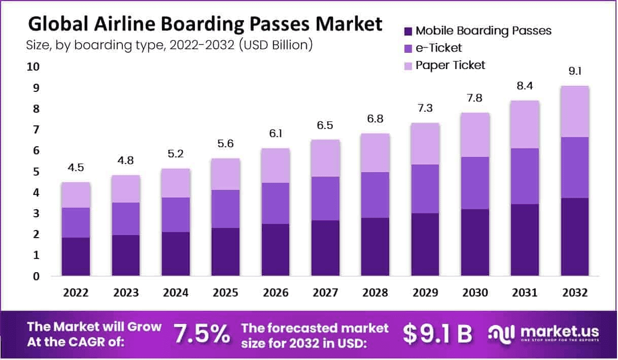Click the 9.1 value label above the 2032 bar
575,72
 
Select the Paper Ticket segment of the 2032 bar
575,111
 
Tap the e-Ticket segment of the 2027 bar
326,199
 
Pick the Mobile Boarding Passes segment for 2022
76,256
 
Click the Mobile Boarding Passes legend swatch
407,31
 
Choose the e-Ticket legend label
439,48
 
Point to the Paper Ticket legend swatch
407,66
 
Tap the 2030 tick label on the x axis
475,293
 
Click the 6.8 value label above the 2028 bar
375,119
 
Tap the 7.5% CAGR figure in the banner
201,334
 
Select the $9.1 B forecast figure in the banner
437,334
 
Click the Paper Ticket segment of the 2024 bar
176,183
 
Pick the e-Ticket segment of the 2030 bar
475,183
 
